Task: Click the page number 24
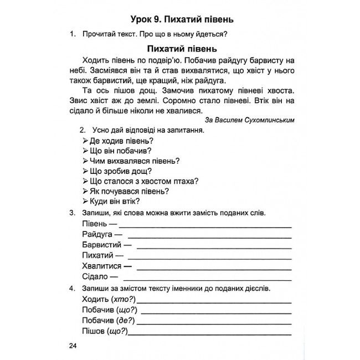(72, 346)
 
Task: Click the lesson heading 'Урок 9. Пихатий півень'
(180, 19)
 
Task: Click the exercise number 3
(72, 213)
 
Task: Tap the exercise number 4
(72, 289)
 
